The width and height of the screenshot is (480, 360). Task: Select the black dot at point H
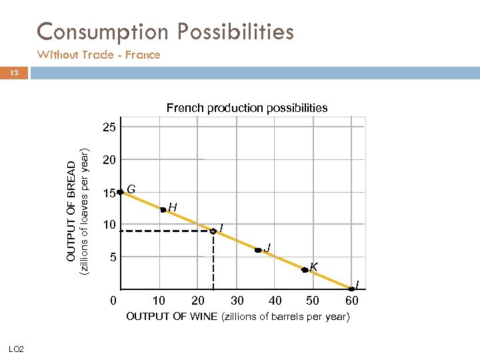[x=163, y=209]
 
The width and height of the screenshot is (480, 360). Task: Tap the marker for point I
[x=213, y=231]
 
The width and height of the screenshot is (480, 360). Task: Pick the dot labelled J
[x=257, y=251]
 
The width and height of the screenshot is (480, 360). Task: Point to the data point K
[x=304, y=270]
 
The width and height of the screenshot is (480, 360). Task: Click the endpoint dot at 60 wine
[x=351, y=289]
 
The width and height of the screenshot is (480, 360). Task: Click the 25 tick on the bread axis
[x=109, y=127]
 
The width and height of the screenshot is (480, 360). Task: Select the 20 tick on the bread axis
[x=109, y=160]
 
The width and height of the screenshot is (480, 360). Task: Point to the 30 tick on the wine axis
[x=237, y=301]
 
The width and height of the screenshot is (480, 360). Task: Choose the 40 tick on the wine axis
[x=275, y=301]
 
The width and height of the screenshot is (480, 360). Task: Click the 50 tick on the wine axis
[x=312, y=301]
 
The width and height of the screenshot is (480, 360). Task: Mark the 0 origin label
[x=114, y=301]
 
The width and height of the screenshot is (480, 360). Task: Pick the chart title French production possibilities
[x=247, y=108]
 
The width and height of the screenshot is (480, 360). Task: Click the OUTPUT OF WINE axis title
[x=237, y=317]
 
